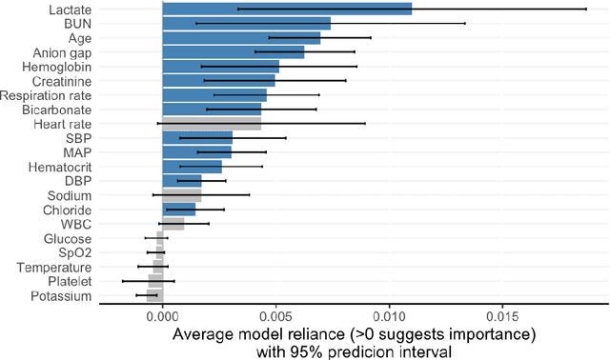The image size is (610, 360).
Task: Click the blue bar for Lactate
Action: pyautogui.click(x=286, y=10)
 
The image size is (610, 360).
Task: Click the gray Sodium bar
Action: pyautogui.click(x=181, y=195)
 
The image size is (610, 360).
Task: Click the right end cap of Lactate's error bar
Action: pyautogui.click(x=586, y=10)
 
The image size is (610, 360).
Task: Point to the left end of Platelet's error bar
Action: pyautogui.click(x=122, y=282)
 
